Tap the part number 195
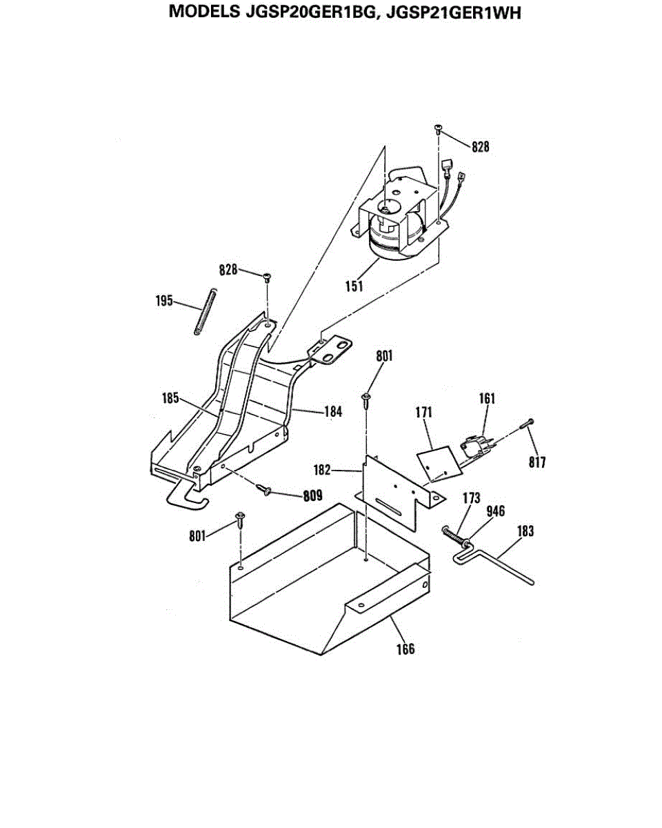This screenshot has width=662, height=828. pos(163,302)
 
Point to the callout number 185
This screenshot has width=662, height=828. pos(171,398)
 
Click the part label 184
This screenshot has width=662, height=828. pos(333,412)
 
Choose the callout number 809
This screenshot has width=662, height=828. pos(311,495)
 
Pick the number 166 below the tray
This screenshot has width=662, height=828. pos(405,649)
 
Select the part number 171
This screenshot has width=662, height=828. pos(423,412)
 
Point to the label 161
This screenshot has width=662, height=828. pos(488,398)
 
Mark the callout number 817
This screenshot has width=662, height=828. pos(538,462)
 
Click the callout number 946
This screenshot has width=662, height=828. pos(496,511)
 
